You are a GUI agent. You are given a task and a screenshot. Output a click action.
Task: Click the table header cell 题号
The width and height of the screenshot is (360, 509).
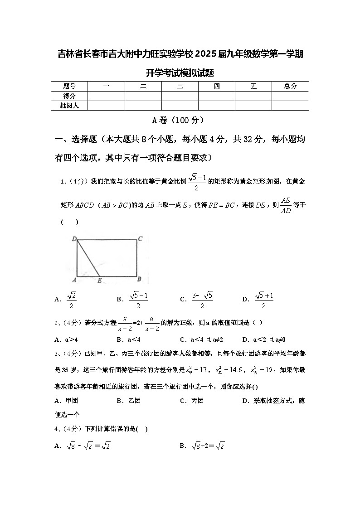tap(69, 86)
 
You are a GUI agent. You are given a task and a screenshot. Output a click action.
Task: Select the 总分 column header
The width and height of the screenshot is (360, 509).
tap(290, 86)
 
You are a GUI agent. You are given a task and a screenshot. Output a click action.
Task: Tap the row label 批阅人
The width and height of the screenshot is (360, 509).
tap(69, 106)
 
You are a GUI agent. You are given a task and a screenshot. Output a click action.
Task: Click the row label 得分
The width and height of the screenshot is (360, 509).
tap(69, 96)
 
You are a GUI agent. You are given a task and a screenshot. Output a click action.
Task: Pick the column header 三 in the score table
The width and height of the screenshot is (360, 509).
tap(180, 86)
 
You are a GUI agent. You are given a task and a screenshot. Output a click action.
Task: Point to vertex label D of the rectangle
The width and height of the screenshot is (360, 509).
tap(74, 239)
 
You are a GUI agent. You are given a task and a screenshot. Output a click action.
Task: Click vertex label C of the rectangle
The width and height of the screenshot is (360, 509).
tap(141, 238)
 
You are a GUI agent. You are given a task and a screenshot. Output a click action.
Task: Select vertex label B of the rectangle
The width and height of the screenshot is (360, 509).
tap(140, 279)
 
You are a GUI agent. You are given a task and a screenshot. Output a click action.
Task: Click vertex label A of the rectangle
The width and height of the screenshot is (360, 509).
tap(73, 279)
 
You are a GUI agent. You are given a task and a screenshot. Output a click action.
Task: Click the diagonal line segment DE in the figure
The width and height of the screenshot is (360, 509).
tap(88, 257)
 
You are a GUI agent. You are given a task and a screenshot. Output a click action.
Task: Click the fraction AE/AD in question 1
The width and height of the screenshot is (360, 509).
tap(285, 205)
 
